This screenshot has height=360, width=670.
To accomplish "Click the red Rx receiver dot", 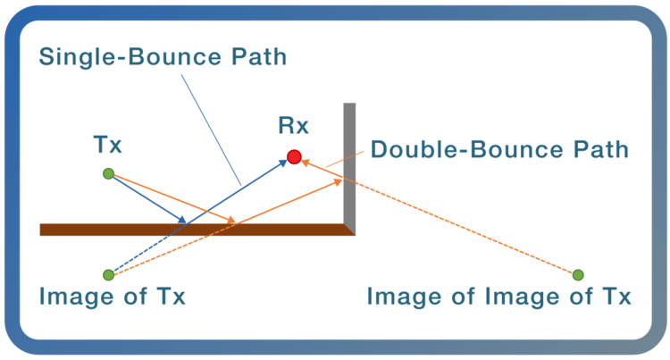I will tap(294, 157).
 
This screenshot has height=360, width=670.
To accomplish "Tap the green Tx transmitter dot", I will tap(108, 173).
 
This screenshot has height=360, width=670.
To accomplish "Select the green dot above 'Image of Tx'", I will tap(108, 274).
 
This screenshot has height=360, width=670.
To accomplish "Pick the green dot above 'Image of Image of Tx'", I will tap(578, 274).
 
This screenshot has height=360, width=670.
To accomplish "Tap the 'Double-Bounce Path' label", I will tap(499, 148).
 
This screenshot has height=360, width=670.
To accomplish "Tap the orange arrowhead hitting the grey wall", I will tap(339, 181).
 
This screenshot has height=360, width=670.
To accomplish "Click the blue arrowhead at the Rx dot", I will tap(281, 163).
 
